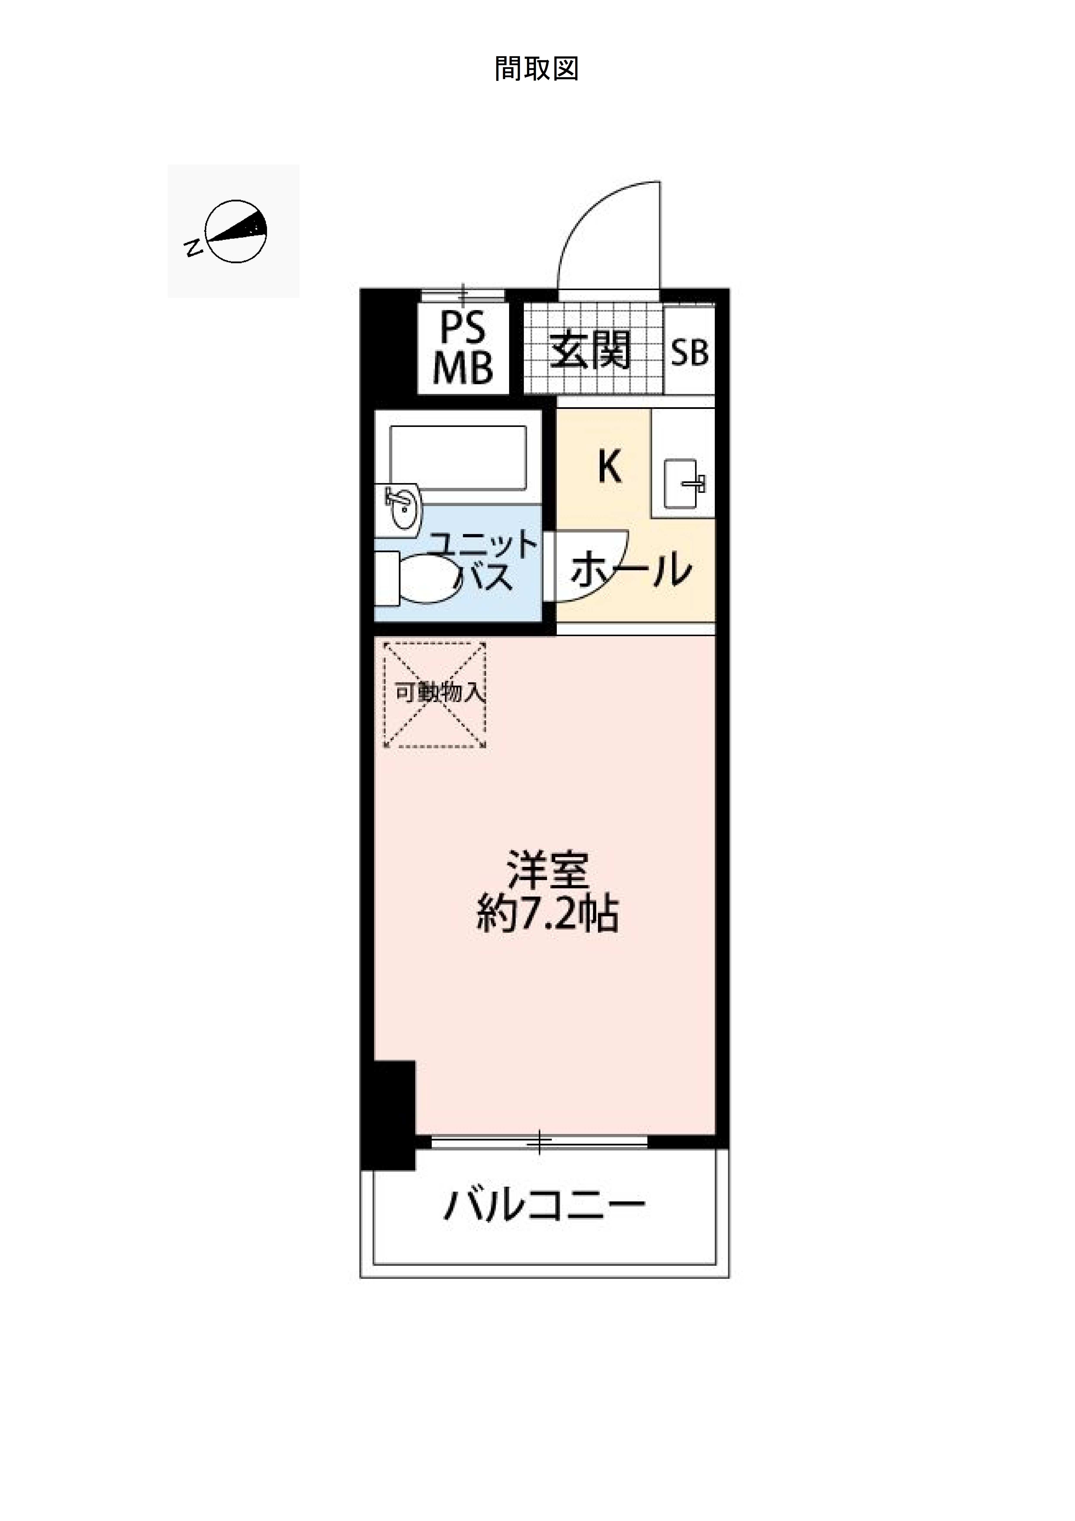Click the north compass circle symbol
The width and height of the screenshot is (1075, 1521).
pyautogui.click(x=236, y=231)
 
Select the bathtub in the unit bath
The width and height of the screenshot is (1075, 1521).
pyautogui.click(x=458, y=457)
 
